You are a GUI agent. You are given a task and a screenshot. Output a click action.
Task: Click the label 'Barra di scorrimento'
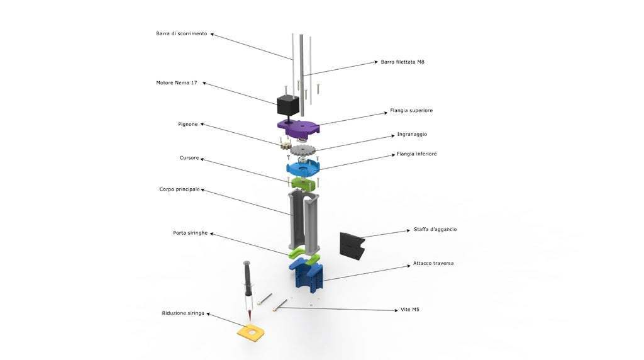click(181, 33)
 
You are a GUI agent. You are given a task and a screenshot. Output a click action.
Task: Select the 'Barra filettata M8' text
click(402, 62)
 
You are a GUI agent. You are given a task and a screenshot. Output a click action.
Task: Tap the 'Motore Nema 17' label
click(176, 82)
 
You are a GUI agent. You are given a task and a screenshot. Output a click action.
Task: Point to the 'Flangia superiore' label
click(411, 110)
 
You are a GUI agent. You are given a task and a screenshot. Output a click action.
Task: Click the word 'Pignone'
click(187, 124)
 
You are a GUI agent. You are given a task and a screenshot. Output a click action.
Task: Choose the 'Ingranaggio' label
click(412, 134)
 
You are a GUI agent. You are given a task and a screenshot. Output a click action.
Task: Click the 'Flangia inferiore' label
click(416, 154)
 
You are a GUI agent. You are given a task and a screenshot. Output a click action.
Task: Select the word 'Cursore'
click(189, 157)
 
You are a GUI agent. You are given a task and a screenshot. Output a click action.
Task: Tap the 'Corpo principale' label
click(179, 189)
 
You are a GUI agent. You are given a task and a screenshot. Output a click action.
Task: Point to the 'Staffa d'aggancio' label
click(435, 229)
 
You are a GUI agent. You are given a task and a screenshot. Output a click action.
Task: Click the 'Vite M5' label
click(410, 310)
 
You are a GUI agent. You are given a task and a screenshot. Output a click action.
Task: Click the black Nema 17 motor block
click(287, 104)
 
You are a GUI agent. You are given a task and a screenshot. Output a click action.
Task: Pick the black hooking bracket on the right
click(352, 245)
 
